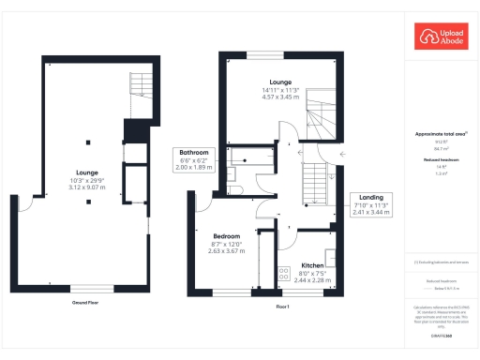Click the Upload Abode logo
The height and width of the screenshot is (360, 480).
(440, 38)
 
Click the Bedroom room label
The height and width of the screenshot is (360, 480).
(226, 236)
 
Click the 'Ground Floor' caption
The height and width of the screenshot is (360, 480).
(86, 303)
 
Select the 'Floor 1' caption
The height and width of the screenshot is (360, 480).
(281, 307)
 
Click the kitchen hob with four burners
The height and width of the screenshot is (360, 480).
(283, 274)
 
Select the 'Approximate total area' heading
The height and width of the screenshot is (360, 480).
(440, 134)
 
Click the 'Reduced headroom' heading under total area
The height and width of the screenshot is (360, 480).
(440, 160)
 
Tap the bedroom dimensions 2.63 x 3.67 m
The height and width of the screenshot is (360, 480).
(226, 251)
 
